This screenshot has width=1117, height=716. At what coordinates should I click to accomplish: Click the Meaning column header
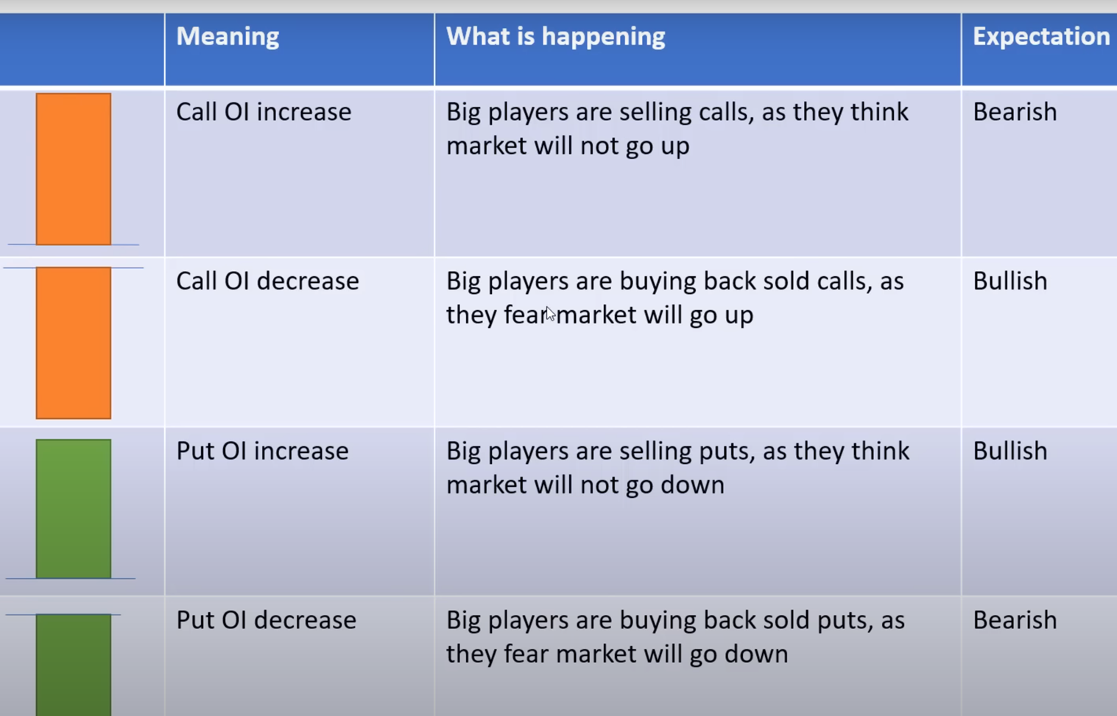tap(228, 37)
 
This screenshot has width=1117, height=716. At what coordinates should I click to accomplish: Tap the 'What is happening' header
tap(555, 37)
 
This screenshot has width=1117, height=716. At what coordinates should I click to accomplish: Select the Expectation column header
tap(1041, 37)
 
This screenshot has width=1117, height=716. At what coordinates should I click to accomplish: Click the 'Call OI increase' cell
tap(264, 112)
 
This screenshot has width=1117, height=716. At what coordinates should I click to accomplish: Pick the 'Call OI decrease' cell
tap(267, 281)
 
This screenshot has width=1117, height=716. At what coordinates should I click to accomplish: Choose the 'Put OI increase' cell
tap(262, 451)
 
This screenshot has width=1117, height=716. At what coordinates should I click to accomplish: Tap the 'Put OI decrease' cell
tap(267, 620)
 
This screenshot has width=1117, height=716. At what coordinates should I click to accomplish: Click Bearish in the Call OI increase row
tap(1015, 112)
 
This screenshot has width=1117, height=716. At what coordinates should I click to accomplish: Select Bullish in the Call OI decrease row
tap(1009, 281)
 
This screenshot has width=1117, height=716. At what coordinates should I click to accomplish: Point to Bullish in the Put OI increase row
tap(1009, 451)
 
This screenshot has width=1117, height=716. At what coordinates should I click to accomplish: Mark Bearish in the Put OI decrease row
tap(1015, 620)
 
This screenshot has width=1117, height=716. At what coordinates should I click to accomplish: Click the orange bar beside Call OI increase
tap(74, 169)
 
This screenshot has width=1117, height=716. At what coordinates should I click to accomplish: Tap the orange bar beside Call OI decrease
tap(74, 343)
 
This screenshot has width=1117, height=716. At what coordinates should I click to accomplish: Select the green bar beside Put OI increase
tap(74, 509)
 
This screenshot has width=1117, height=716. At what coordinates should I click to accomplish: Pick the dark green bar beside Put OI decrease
tap(74, 665)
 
